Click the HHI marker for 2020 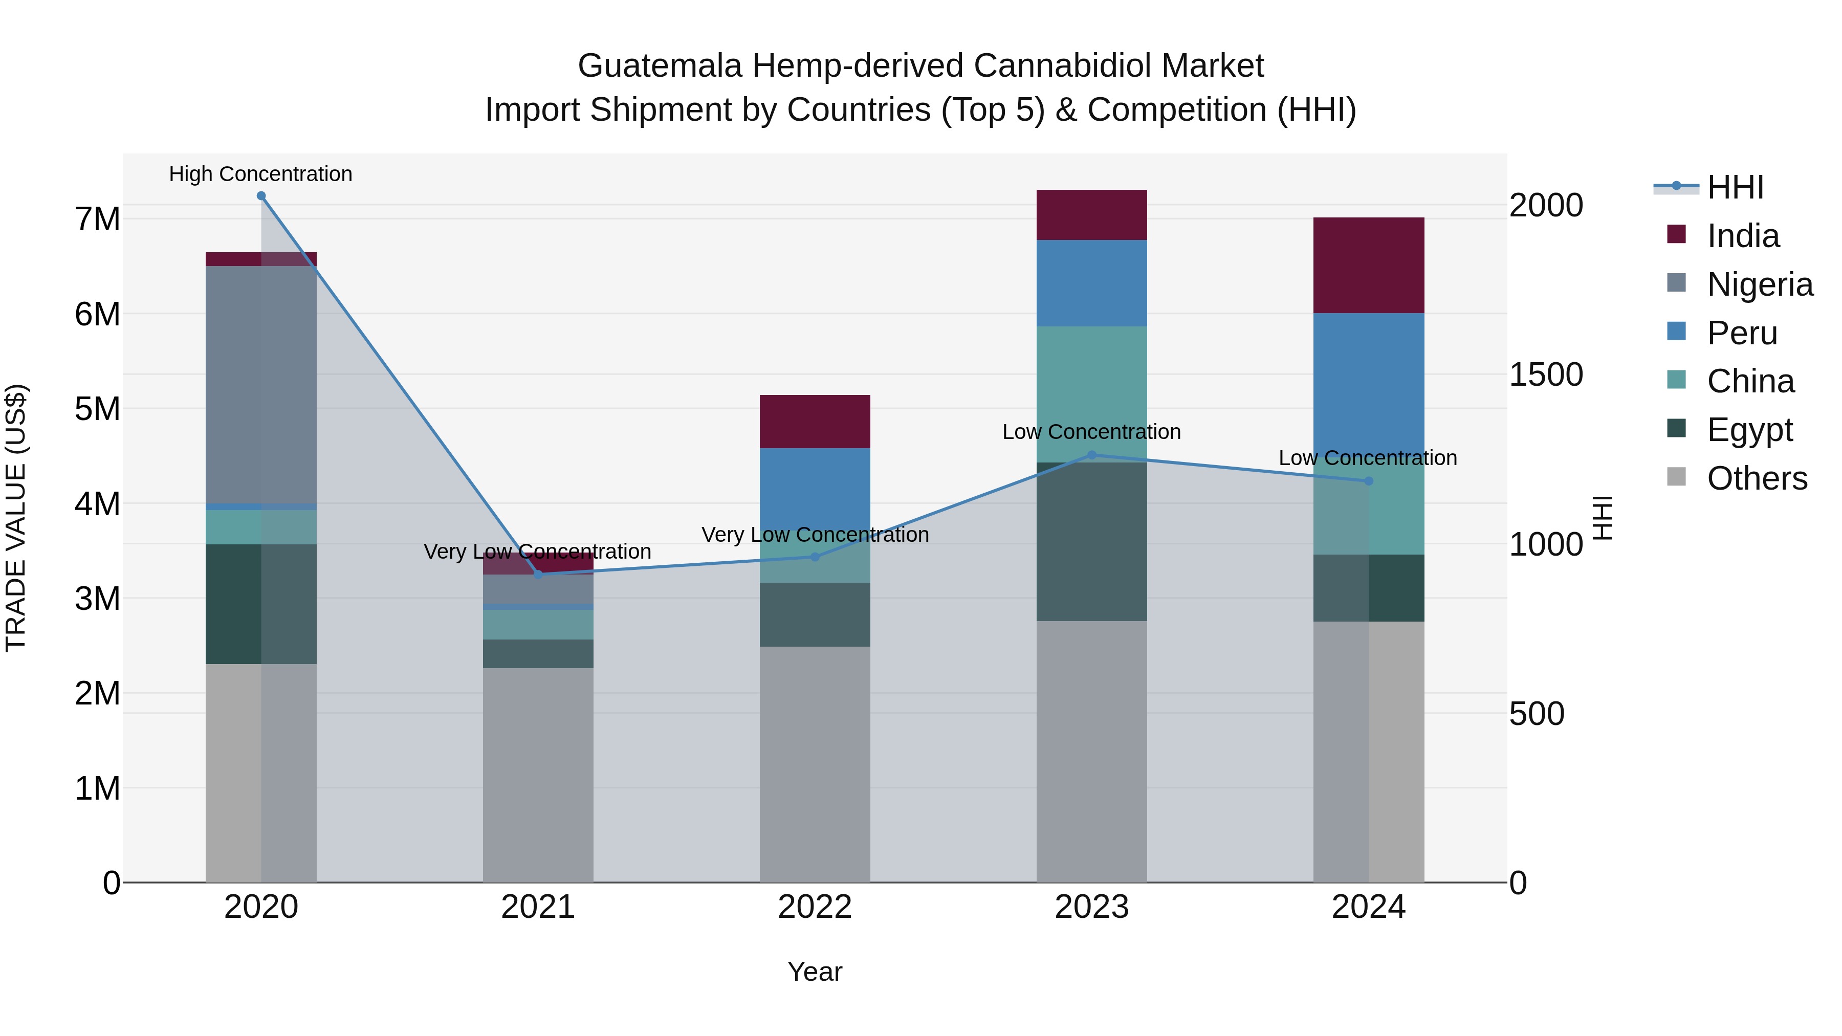click(x=261, y=196)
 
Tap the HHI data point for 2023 click(x=1091, y=455)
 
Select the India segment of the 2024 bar click(x=1369, y=265)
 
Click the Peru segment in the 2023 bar click(x=1091, y=283)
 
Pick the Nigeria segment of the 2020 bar click(x=261, y=385)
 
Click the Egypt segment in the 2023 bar click(x=1091, y=541)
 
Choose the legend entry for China click(x=1750, y=381)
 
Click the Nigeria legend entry click(x=1759, y=284)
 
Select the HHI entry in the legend click(x=1735, y=187)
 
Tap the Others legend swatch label click(x=1756, y=478)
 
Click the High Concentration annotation click(x=261, y=174)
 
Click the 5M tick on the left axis click(x=97, y=409)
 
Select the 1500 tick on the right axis click(x=1545, y=374)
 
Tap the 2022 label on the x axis click(x=815, y=907)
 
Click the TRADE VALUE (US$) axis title click(x=16, y=518)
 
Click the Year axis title click(x=815, y=972)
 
